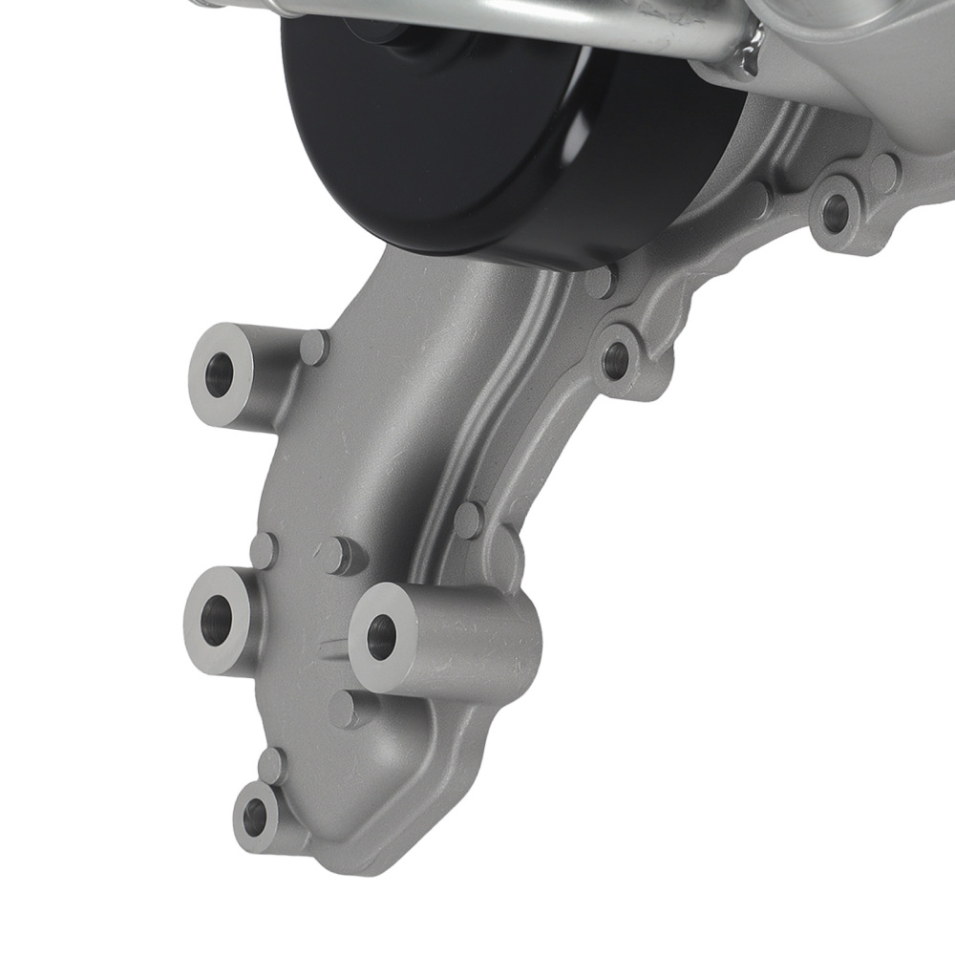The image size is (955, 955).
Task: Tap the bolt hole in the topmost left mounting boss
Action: pos(219,374)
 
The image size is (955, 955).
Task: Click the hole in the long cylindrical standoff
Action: pos(381,637)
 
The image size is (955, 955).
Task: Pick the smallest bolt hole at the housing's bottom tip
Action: pos(255,815)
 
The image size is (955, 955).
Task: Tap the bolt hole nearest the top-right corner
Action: pos(835,216)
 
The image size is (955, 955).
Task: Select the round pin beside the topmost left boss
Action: pos(314,346)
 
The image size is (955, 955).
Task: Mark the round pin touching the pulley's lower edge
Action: pos(600,281)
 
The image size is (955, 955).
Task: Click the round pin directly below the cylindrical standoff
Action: pos(344,709)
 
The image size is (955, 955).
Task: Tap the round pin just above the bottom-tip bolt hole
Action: pos(272,765)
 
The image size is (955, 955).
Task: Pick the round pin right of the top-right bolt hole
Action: pos(885,172)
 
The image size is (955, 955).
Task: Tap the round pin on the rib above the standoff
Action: pos(468,520)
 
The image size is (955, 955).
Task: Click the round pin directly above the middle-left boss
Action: pos(263,550)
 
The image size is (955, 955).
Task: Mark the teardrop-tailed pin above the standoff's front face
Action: pos(334,555)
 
